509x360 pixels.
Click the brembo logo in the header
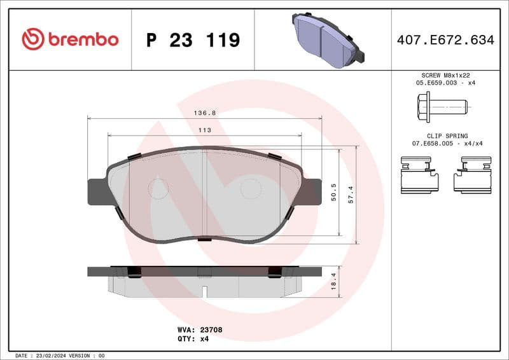pyautogui.click(x=70, y=39)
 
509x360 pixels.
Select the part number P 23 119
pyautogui.click(x=193, y=40)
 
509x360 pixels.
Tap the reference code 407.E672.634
pyautogui.click(x=445, y=40)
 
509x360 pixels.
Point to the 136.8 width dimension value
pyautogui.click(x=204, y=113)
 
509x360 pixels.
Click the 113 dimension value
pyautogui.click(x=204, y=130)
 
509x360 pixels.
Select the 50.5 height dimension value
pyautogui.click(x=334, y=192)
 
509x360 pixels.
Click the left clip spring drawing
pyautogui.click(x=419, y=176)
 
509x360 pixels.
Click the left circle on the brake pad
pyautogui.click(x=158, y=188)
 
